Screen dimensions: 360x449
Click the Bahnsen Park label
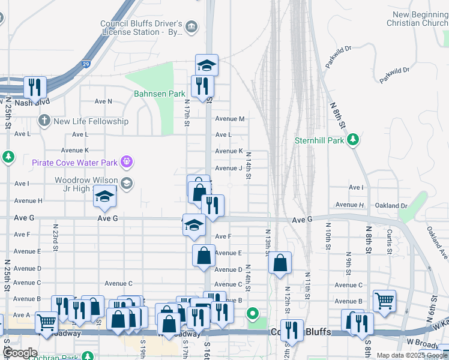pyautogui.click(x=159, y=94)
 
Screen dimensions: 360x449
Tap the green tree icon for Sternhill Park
pyautogui.click(x=354, y=140)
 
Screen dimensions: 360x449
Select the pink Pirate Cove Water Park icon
pyautogui.click(x=126, y=162)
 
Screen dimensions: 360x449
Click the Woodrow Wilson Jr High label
pyautogui.click(x=85, y=185)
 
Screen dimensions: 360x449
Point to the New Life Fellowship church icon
pyautogui.click(x=44, y=121)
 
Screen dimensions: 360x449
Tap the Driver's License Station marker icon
pyautogui.click(x=191, y=26)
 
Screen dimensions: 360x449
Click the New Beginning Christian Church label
pyautogui.click(x=420, y=19)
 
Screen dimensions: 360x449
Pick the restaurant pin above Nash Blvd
pyautogui.click(x=35, y=87)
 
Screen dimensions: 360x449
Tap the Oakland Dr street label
pyautogui.click(x=391, y=205)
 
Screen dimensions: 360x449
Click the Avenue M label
pyautogui.click(x=230, y=119)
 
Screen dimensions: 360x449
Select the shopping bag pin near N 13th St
pyautogui.click(x=280, y=262)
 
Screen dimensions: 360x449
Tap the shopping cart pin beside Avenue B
pyautogui.click(x=384, y=300)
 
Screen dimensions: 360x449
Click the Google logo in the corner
pyautogui.click(x=20, y=353)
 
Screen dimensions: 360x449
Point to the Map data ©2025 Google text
pyautogui.click(x=412, y=355)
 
